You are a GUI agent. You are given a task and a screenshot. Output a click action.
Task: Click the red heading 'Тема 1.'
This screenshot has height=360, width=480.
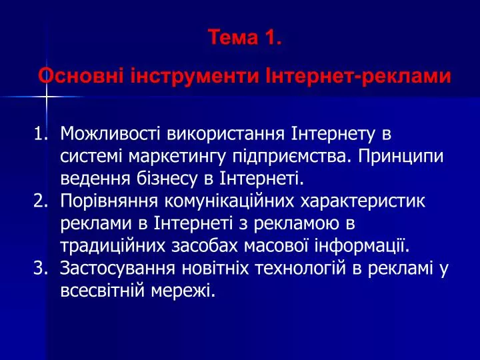pyautogui.click(x=244, y=37)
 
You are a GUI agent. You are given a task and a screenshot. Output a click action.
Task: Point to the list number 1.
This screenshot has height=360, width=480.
pyautogui.click(x=41, y=133)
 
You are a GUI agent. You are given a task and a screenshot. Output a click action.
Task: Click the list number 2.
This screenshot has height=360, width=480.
pyautogui.click(x=41, y=201)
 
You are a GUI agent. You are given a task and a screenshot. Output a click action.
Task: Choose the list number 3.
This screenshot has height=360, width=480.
pyautogui.click(x=41, y=268)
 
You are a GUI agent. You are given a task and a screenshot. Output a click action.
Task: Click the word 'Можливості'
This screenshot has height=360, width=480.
pyautogui.click(x=110, y=133)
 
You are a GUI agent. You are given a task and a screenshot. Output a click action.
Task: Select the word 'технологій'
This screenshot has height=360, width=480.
pyautogui.click(x=300, y=268)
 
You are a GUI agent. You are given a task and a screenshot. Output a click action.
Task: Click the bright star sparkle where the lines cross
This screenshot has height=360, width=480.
pyautogui.click(x=47, y=97)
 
